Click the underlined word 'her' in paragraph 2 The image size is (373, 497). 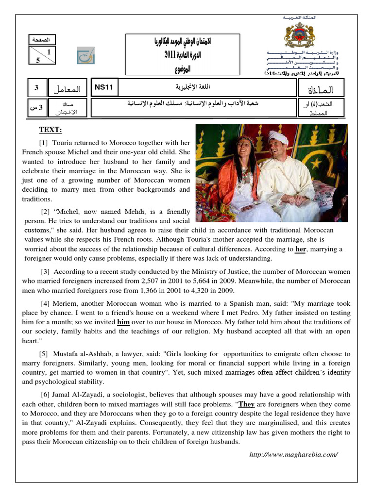[301, 249]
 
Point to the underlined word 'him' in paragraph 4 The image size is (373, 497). [124, 322]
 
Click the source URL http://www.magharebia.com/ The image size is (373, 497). [293, 454]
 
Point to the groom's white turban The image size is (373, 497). [278, 138]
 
